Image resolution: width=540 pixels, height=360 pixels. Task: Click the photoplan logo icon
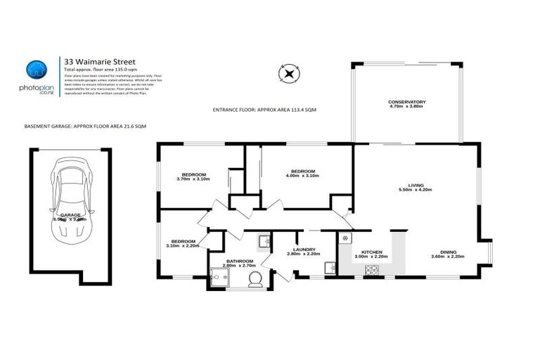point(35,70)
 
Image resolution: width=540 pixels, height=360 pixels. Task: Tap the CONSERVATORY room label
point(406,103)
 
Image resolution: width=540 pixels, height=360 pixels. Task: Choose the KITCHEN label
point(371,251)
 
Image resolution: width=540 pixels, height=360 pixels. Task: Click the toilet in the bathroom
point(256,278)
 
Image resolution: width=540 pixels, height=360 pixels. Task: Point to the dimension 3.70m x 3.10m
point(193,179)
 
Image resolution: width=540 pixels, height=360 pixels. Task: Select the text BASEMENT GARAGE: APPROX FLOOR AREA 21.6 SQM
point(85,126)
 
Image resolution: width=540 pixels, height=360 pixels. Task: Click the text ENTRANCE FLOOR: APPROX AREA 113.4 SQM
point(264,110)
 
